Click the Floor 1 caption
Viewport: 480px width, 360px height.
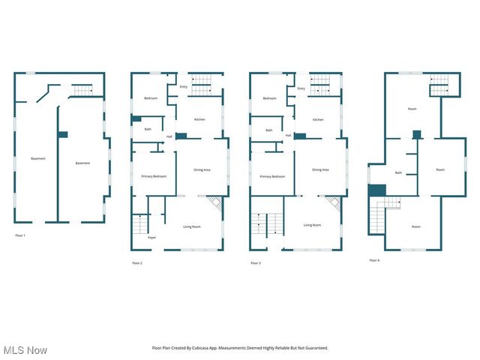(20, 235)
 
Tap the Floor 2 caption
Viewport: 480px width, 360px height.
(136, 262)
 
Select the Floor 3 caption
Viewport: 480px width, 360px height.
(256, 262)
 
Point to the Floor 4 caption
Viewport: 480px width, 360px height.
(374, 260)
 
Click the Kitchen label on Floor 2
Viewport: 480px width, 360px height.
(199, 120)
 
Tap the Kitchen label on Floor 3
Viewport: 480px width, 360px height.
(318, 120)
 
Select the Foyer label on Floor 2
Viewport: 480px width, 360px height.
(151, 237)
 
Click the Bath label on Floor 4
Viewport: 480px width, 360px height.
(398, 172)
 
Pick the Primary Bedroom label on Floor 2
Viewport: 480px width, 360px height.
(154, 176)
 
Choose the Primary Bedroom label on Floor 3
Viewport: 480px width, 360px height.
(272, 176)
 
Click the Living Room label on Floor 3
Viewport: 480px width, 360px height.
(312, 225)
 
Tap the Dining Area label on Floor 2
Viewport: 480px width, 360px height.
(202, 169)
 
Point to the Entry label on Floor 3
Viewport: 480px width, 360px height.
(301, 88)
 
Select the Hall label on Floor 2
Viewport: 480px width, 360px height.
(169, 136)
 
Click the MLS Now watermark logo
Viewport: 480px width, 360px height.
(25, 350)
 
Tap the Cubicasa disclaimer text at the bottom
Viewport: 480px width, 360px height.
(240, 348)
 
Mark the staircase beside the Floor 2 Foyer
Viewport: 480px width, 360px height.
(140, 223)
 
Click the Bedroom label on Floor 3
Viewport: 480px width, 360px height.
(269, 99)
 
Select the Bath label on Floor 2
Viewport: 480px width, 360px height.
(148, 130)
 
